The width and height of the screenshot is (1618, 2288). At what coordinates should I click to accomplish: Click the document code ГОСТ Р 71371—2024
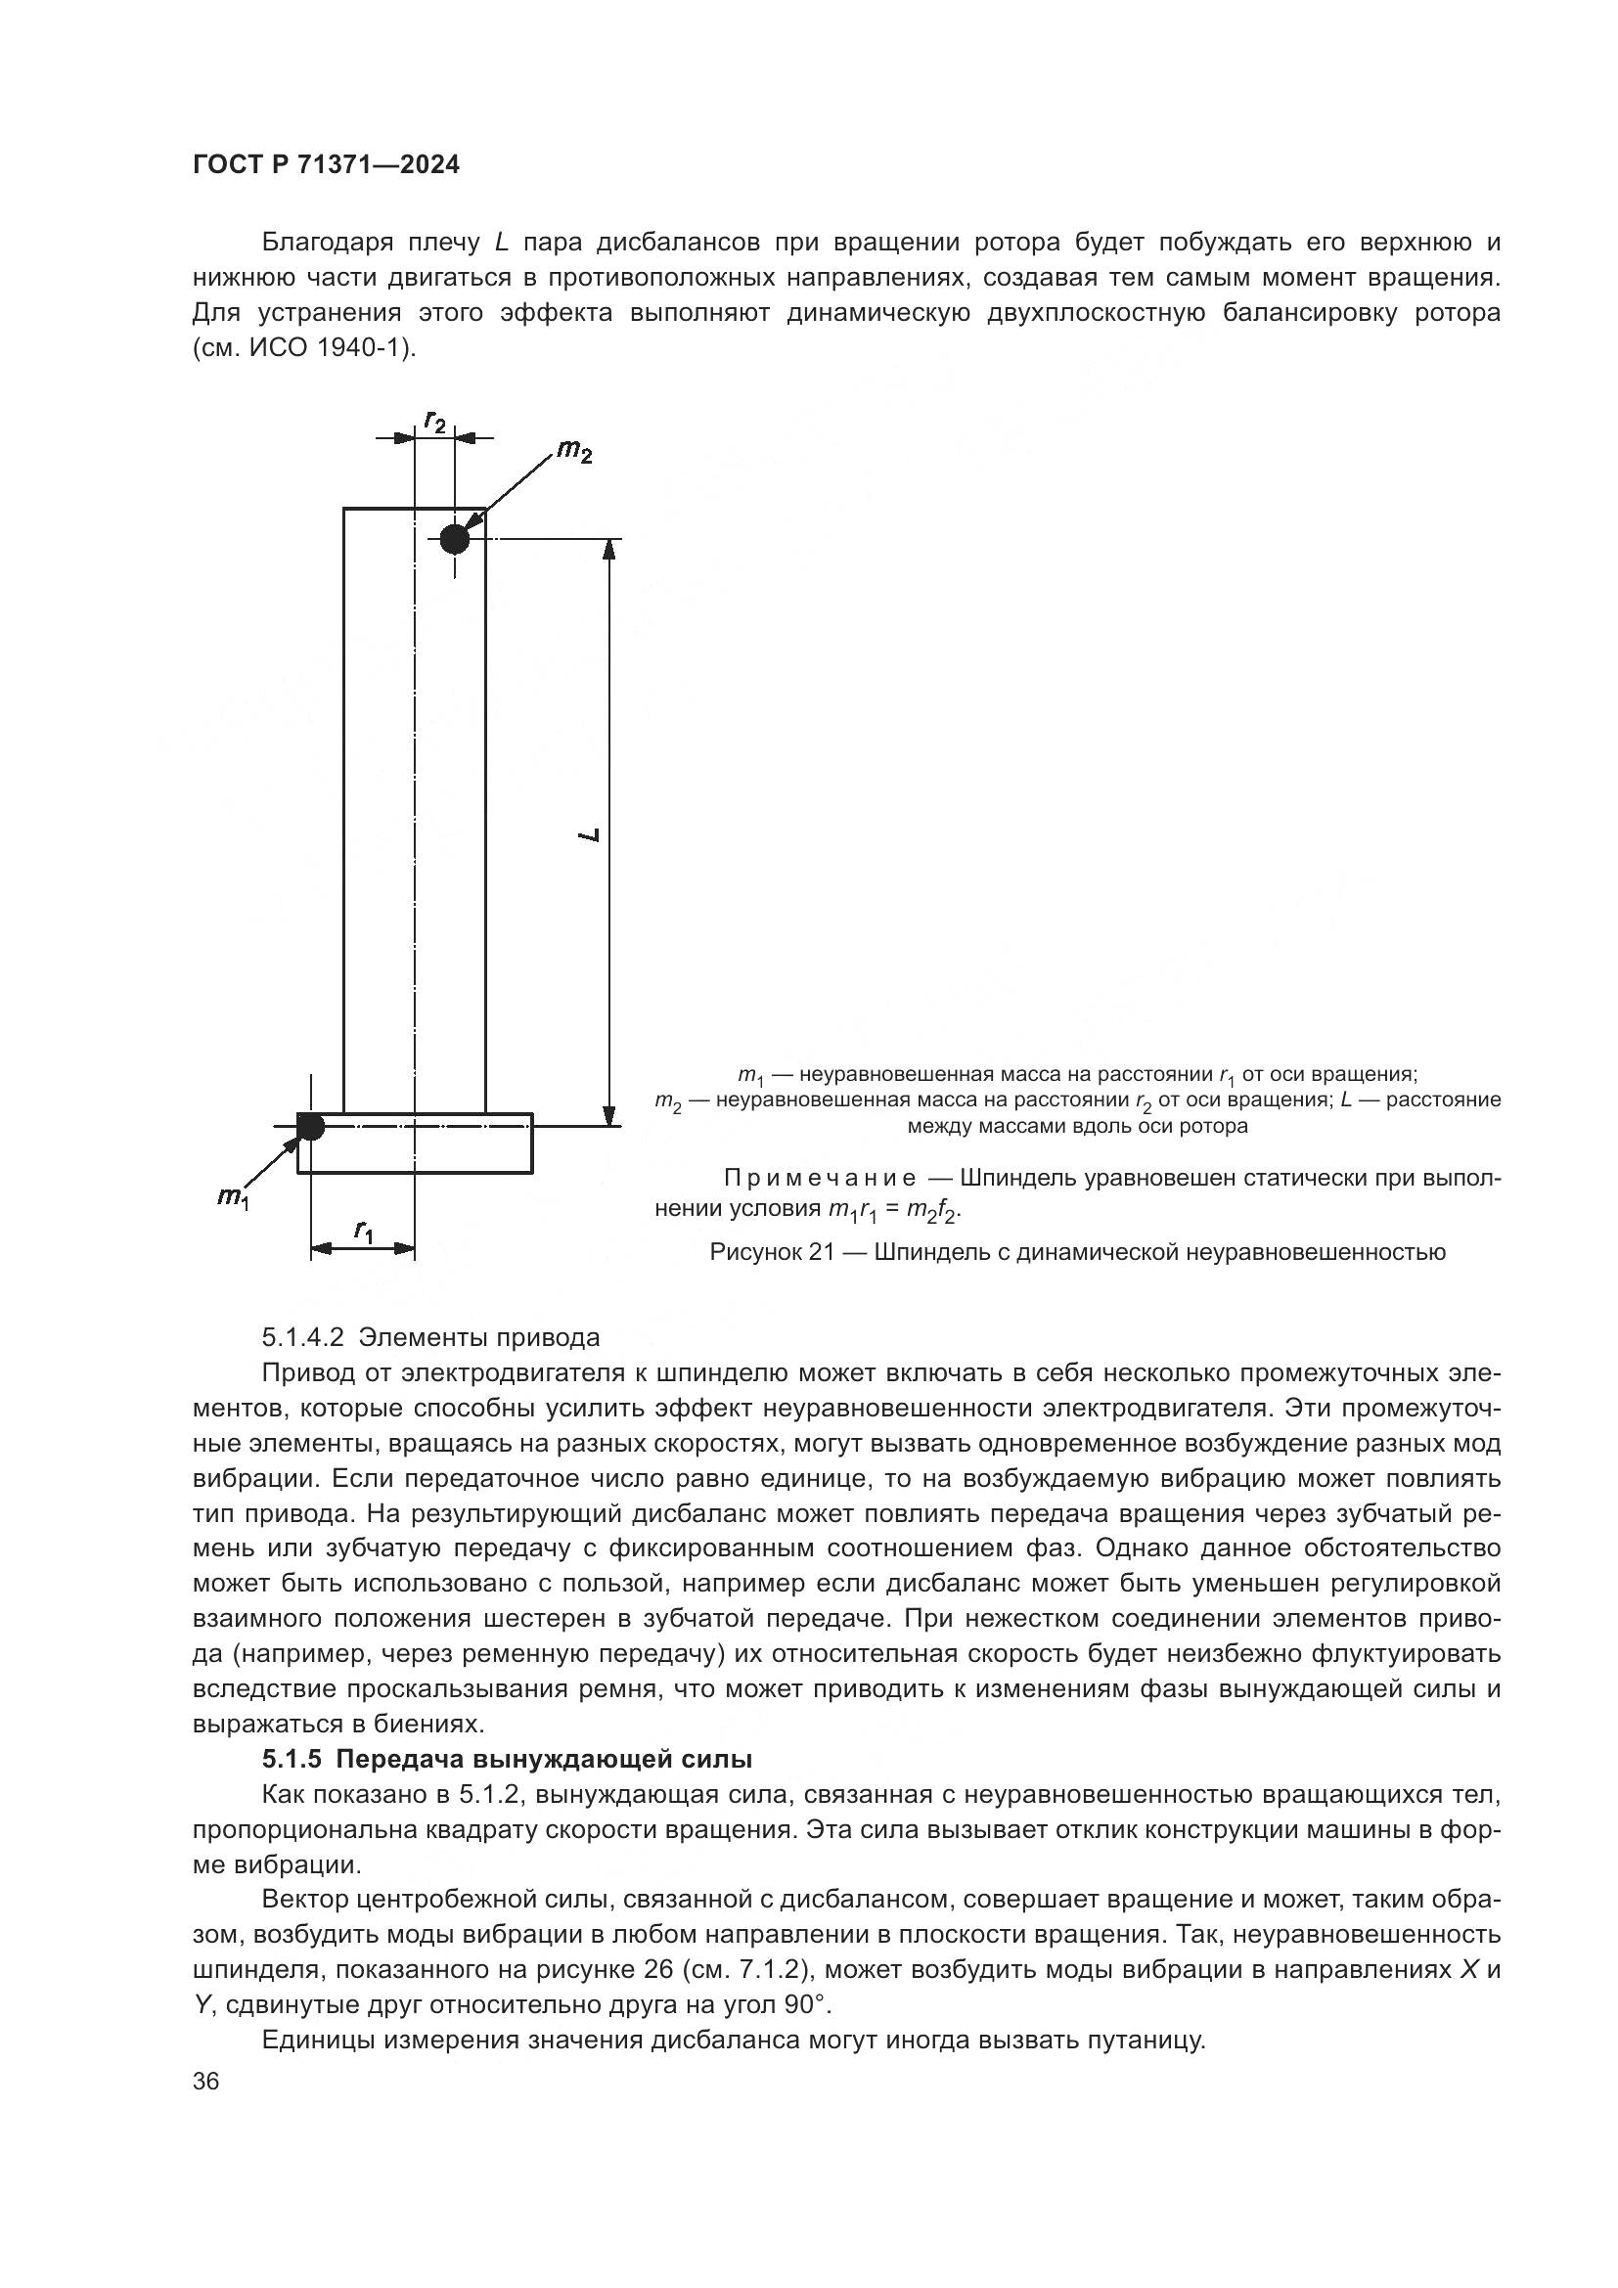point(326,165)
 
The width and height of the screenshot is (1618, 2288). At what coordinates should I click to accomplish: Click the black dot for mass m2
point(454,539)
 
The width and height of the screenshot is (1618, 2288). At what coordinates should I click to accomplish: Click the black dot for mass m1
point(311,1127)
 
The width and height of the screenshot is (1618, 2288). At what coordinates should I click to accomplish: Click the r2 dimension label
point(435,422)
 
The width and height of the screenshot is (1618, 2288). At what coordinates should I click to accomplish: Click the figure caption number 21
point(821,1253)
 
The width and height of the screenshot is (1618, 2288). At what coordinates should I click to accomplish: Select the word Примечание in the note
point(819,1179)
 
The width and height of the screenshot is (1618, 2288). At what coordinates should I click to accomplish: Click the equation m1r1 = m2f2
point(894,1211)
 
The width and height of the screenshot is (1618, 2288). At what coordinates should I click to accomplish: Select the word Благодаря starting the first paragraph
point(323,244)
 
